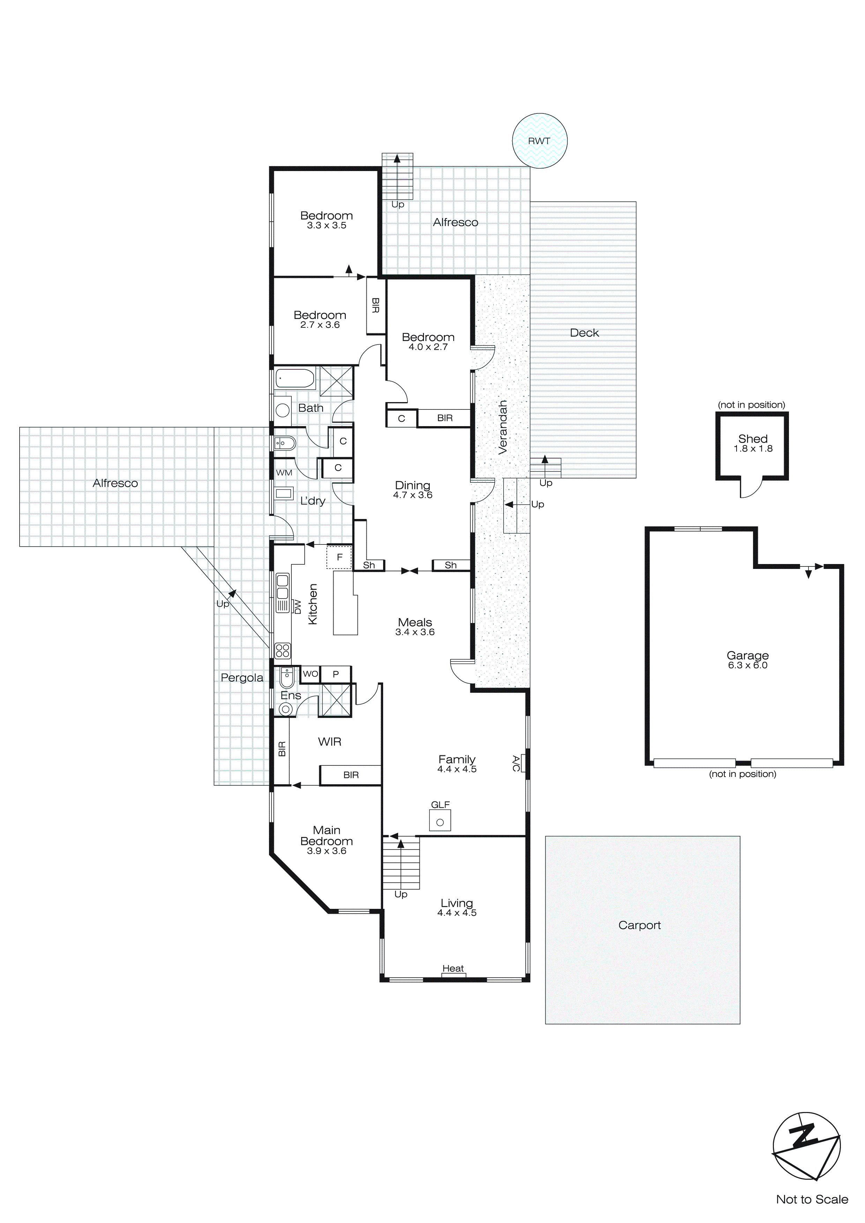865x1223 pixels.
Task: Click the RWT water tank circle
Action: pos(539,141)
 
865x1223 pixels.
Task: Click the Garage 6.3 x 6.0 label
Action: pos(747,660)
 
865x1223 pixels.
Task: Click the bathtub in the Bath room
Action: pos(295,379)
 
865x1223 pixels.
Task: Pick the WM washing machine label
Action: pos(284,473)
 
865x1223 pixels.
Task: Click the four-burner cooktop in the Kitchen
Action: pos(282,650)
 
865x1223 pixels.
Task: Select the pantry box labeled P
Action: pos(336,674)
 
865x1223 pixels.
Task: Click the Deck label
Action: pos(584,333)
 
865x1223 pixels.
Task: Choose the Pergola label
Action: pos(242,677)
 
